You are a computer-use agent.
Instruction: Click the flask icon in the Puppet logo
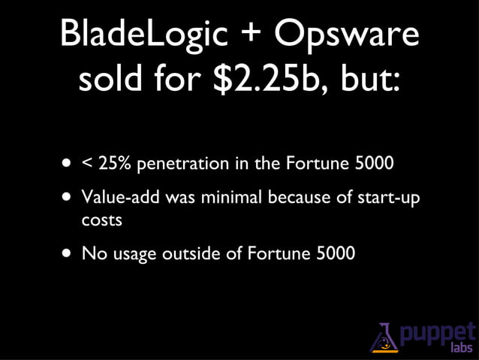tap(384, 337)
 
